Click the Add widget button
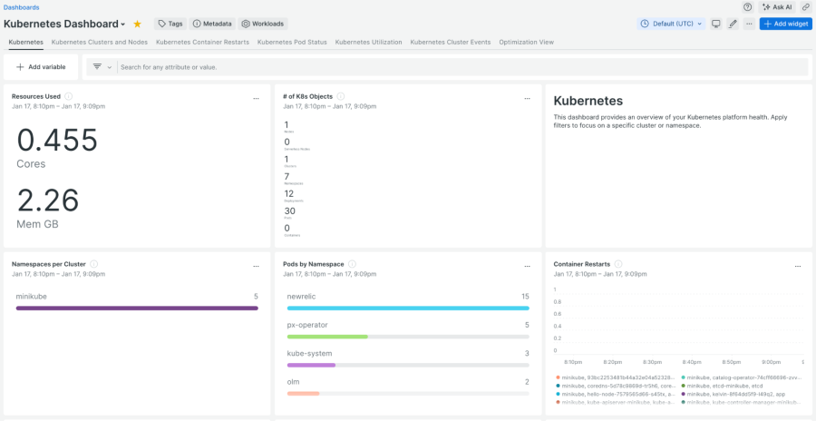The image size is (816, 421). click(785, 24)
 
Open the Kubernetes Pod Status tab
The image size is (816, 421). click(292, 42)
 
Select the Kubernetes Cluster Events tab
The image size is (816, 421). click(451, 42)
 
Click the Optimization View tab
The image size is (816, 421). click(527, 42)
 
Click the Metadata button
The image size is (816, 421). click(212, 24)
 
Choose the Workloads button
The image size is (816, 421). click(263, 24)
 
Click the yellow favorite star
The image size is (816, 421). click(138, 24)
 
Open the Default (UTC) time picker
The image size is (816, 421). click(672, 24)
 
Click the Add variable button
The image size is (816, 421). click(41, 67)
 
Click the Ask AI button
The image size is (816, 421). click(778, 6)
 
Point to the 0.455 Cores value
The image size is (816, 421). click(57, 141)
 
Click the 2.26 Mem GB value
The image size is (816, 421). click(48, 200)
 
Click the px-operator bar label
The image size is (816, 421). click(306, 325)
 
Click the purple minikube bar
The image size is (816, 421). click(137, 308)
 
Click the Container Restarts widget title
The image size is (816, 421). click(581, 264)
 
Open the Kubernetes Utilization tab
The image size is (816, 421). click(368, 42)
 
